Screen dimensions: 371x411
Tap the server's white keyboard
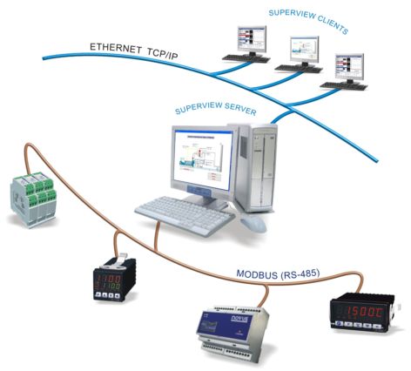(182, 211)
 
